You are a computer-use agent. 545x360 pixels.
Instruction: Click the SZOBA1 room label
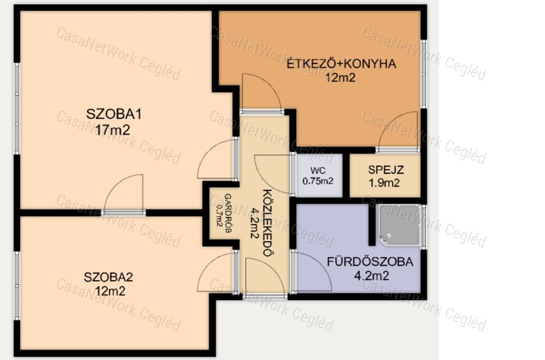[x=114, y=114]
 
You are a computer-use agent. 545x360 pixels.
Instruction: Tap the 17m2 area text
[x=113, y=130]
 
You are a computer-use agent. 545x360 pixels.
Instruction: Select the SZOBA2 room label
[x=109, y=277]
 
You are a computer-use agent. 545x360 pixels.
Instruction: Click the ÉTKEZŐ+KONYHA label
[x=341, y=63]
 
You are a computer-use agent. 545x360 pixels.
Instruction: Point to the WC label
[x=318, y=171]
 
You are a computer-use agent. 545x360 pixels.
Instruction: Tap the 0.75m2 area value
[x=318, y=181]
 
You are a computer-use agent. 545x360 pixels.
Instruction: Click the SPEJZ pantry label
[x=386, y=170]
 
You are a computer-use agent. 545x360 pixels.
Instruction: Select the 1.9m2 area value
[x=384, y=183]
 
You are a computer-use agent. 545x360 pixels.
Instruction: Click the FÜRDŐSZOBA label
[x=370, y=262]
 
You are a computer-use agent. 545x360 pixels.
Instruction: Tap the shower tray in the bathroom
[x=400, y=225]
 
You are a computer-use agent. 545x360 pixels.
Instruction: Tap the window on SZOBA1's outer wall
[x=16, y=108]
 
